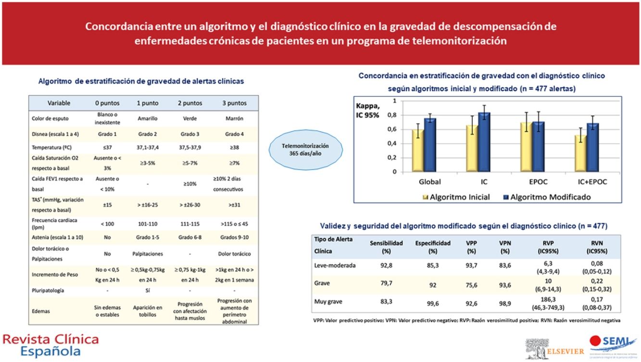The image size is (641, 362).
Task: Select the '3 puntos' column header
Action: tap(234, 103)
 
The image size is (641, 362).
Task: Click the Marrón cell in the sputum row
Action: tap(234, 119)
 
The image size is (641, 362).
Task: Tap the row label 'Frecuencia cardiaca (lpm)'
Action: tap(54, 223)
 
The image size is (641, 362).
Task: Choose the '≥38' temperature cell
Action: tap(234, 147)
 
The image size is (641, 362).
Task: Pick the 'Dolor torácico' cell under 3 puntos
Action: tap(234, 254)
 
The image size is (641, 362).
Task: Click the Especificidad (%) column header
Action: tap(433, 247)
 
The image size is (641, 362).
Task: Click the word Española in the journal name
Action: tap(50, 351)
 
